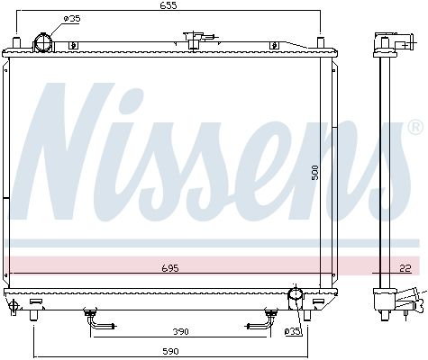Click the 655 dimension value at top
point(168,5)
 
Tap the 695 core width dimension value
point(170,268)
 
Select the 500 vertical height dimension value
point(314,173)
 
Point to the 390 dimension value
point(180,331)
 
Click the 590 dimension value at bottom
point(170,351)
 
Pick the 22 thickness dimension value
point(405,268)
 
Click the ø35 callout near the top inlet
point(72,19)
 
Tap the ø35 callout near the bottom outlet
point(292,331)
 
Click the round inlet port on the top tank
point(44,43)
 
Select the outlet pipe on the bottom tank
point(296,298)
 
